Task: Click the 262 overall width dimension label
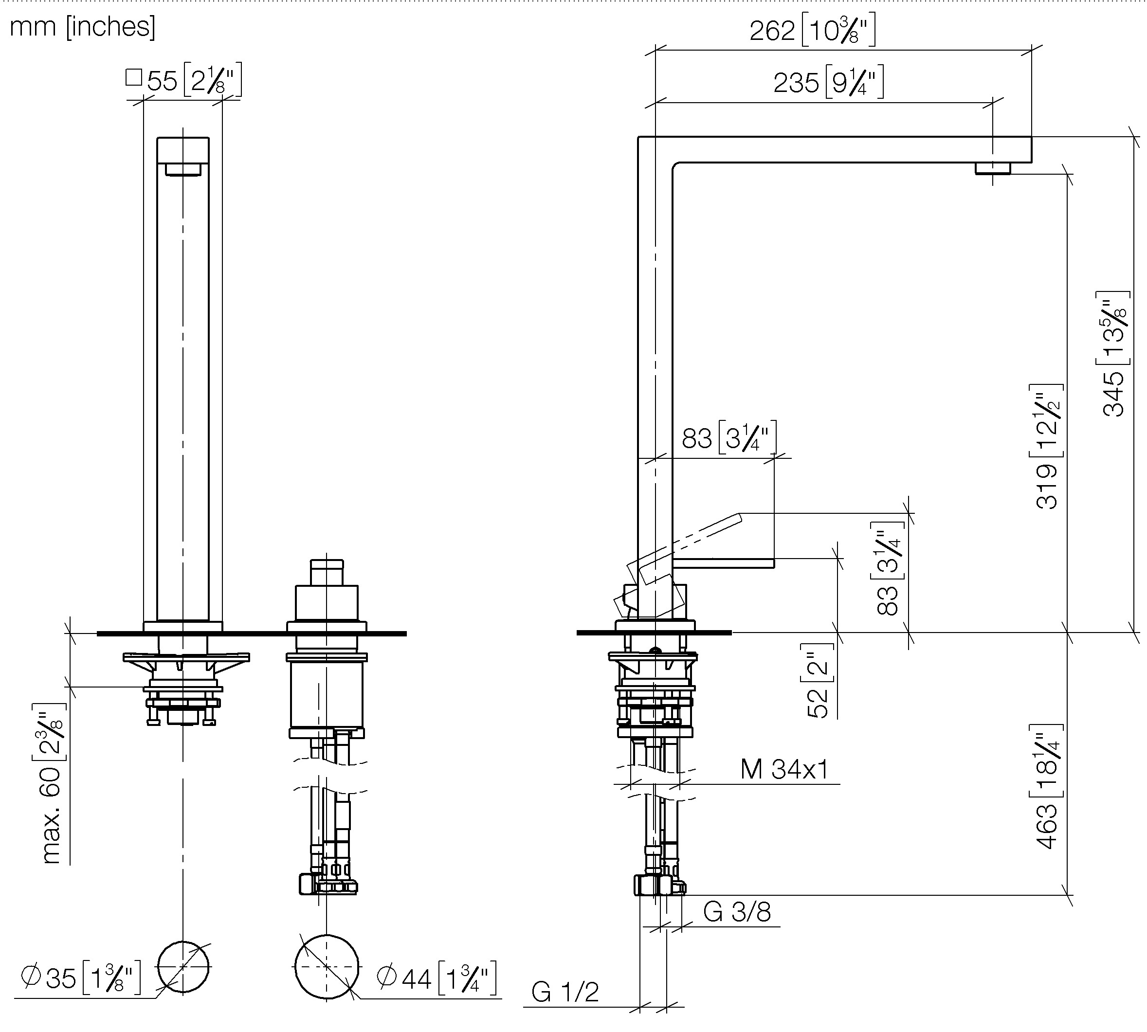coord(813,30)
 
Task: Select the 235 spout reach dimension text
coord(828,82)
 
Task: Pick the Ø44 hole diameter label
coord(437,977)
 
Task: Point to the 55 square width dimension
coord(183,80)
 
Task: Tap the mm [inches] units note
coord(83,27)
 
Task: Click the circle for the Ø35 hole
coord(183,967)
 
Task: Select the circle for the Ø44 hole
coord(327,966)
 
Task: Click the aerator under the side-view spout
coord(993,168)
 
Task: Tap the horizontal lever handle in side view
coord(724,562)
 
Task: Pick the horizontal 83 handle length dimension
coord(728,438)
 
